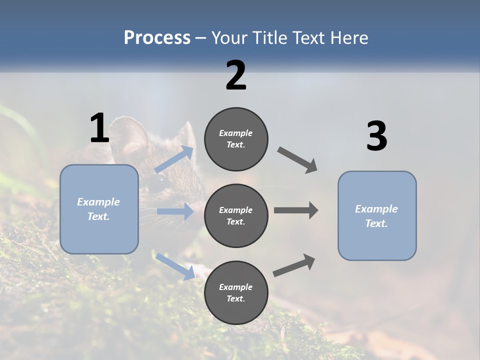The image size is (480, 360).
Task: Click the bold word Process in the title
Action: tap(157, 38)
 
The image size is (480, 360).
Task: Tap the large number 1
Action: tap(99, 128)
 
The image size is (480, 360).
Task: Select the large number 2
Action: tap(236, 75)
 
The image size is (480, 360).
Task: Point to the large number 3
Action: tap(376, 136)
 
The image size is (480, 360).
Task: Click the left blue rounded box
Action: tap(99, 209)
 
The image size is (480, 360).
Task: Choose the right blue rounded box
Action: tap(377, 216)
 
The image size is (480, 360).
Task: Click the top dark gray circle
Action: tap(236, 139)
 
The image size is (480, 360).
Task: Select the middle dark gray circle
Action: tap(236, 215)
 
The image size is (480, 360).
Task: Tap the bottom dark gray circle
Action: tap(236, 292)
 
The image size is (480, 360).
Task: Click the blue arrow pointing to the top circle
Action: tap(174, 159)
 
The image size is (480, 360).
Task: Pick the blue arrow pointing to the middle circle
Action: tap(175, 211)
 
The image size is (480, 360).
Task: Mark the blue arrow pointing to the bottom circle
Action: tap(175, 266)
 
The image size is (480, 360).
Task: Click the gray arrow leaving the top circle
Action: tap(297, 160)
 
